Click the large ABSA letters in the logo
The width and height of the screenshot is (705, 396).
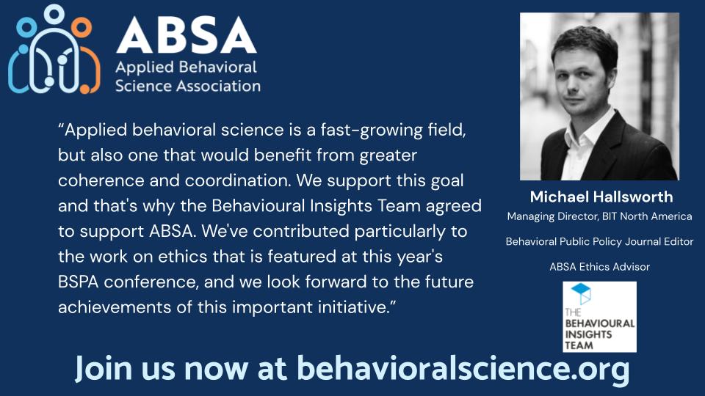(186, 34)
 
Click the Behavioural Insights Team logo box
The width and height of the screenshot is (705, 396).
(599, 316)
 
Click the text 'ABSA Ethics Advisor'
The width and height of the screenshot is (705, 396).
(599, 266)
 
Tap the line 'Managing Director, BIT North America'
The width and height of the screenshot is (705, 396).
(599, 216)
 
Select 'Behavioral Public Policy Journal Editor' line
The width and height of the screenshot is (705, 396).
(599, 241)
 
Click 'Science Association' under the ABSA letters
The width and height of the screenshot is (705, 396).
(188, 86)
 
